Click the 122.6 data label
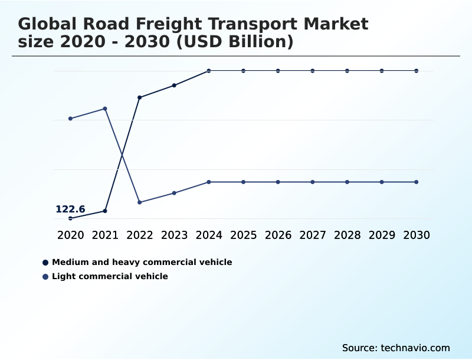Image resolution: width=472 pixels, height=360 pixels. click(x=70, y=210)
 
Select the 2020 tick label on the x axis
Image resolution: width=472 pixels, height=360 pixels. click(x=70, y=235)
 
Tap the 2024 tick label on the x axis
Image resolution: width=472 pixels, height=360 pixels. click(x=209, y=235)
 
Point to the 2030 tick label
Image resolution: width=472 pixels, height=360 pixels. click(x=416, y=235)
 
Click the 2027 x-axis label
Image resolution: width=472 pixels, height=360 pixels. click(x=312, y=235)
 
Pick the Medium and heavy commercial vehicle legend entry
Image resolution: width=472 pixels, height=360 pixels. click(x=142, y=262)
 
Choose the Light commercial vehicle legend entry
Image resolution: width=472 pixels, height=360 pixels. click(x=110, y=276)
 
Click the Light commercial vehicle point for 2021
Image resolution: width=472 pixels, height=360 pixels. click(x=105, y=109)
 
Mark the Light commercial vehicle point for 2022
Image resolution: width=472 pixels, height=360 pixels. click(x=140, y=202)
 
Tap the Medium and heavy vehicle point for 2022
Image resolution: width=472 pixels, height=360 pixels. click(x=140, y=97)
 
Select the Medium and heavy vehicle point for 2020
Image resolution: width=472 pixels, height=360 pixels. click(x=70, y=218)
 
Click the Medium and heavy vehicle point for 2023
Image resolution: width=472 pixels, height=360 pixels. click(x=174, y=86)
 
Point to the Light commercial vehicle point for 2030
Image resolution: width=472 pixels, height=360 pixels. click(x=416, y=182)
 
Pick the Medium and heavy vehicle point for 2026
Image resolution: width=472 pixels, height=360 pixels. click(x=278, y=71)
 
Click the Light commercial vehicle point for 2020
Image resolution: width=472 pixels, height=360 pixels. click(x=70, y=119)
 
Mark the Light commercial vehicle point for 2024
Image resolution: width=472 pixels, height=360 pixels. click(x=209, y=182)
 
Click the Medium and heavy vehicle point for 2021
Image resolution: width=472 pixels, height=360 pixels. click(x=105, y=211)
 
